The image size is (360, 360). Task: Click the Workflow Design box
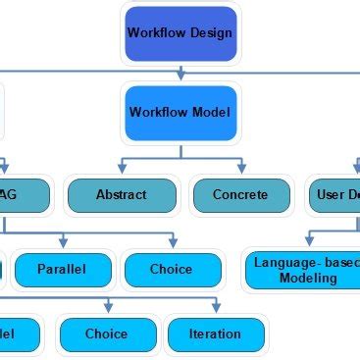pos(180,32)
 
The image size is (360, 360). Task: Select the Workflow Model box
pos(180,112)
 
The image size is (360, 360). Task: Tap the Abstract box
pos(121,194)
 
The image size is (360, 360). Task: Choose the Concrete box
pos(239,194)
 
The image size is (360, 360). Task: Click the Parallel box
pos(62,269)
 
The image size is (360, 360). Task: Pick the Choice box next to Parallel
pos(171,269)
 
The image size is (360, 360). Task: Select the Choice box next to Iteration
pos(106,334)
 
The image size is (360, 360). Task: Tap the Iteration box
pos(214,334)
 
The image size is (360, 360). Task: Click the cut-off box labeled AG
pos(25,194)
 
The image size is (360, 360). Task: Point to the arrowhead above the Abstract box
pos(122,170)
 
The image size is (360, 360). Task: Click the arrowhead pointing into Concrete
pos(239,170)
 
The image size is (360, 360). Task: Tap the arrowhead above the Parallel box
pos(63,243)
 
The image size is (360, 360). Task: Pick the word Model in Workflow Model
pos(212,112)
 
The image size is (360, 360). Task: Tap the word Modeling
pos(307,278)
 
